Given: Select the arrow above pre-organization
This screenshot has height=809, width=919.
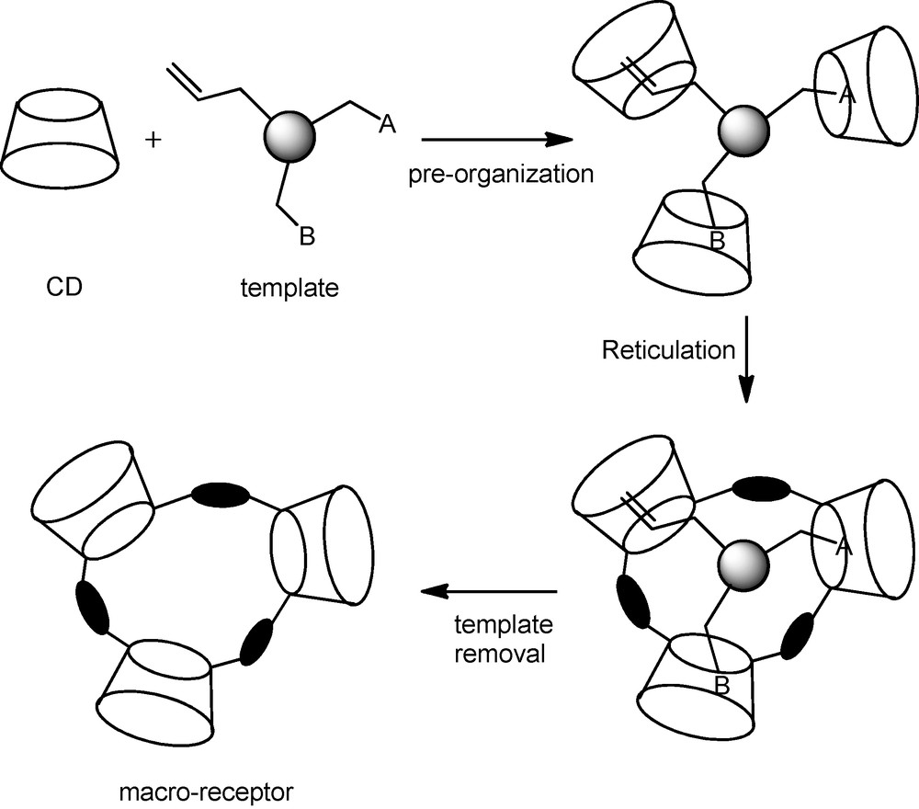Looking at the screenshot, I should point(496,141).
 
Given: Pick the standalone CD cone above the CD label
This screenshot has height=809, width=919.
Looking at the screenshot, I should point(62,138).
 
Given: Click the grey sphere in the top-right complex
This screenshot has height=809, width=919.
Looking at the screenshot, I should point(743,124).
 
